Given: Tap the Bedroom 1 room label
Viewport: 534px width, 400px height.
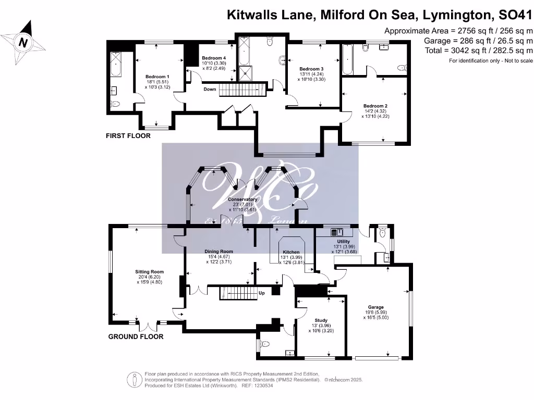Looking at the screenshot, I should pos(157,77).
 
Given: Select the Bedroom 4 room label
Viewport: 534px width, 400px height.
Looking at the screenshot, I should pos(214,58).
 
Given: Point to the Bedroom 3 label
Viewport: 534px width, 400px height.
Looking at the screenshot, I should pos(311,69).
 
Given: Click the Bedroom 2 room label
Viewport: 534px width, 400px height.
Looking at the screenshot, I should pos(375,106).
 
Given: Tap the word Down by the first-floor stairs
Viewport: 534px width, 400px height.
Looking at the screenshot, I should pos(210,89).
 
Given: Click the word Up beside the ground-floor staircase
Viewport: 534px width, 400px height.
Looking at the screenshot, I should pos(262,293).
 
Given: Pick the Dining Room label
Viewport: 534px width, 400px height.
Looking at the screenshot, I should pos(219,252).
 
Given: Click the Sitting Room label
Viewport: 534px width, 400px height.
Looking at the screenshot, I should pos(150,272).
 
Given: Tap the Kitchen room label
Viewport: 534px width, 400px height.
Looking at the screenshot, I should pos(291,252).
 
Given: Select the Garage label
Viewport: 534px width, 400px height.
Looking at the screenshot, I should pos(375,307).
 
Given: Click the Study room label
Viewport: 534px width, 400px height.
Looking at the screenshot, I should pos(321,320).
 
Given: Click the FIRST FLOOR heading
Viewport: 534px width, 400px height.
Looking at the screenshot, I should pos(128,136).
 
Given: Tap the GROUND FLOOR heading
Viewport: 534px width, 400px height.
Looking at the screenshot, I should pos(136,336).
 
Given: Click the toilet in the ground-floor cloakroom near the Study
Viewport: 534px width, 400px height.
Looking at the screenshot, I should pos(264,344).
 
